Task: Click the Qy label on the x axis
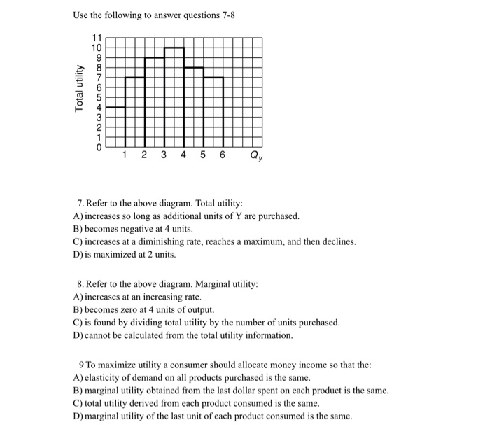[x=255, y=157]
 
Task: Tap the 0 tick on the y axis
[x=99, y=148]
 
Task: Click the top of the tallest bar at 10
[x=174, y=48]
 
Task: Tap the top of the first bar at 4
[x=115, y=108]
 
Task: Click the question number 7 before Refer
[x=81, y=203]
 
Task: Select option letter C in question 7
[x=76, y=241]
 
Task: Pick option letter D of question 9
[x=76, y=416]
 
